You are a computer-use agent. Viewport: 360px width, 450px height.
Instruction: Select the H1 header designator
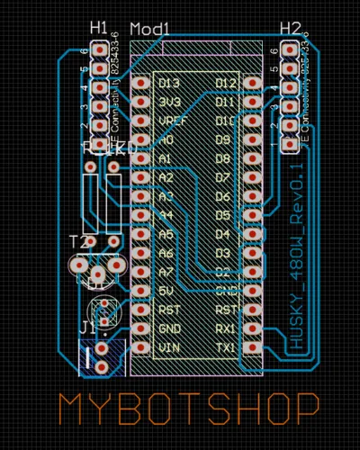click(x=99, y=28)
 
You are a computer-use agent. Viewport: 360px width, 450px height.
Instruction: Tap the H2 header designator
click(x=290, y=28)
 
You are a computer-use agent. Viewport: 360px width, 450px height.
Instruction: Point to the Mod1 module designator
click(x=149, y=30)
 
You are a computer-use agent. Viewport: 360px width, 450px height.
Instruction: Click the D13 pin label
click(x=169, y=83)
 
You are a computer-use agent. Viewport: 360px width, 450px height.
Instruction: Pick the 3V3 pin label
click(x=169, y=102)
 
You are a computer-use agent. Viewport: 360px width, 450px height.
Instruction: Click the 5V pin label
click(x=166, y=290)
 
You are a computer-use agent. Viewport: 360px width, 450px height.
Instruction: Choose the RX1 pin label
click(x=226, y=328)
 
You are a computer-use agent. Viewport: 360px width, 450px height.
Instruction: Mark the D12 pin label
click(x=226, y=83)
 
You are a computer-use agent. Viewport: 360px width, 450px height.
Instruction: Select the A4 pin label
click(x=166, y=215)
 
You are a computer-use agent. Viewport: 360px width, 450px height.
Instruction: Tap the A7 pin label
click(x=166, y=271)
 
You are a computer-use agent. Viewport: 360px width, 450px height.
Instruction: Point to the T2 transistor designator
click(x=80, y=242)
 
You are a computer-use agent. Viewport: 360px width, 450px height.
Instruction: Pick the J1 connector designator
click(x=88, y=325)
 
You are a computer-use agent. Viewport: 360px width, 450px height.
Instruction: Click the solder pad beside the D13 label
click(x=140, y=82)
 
